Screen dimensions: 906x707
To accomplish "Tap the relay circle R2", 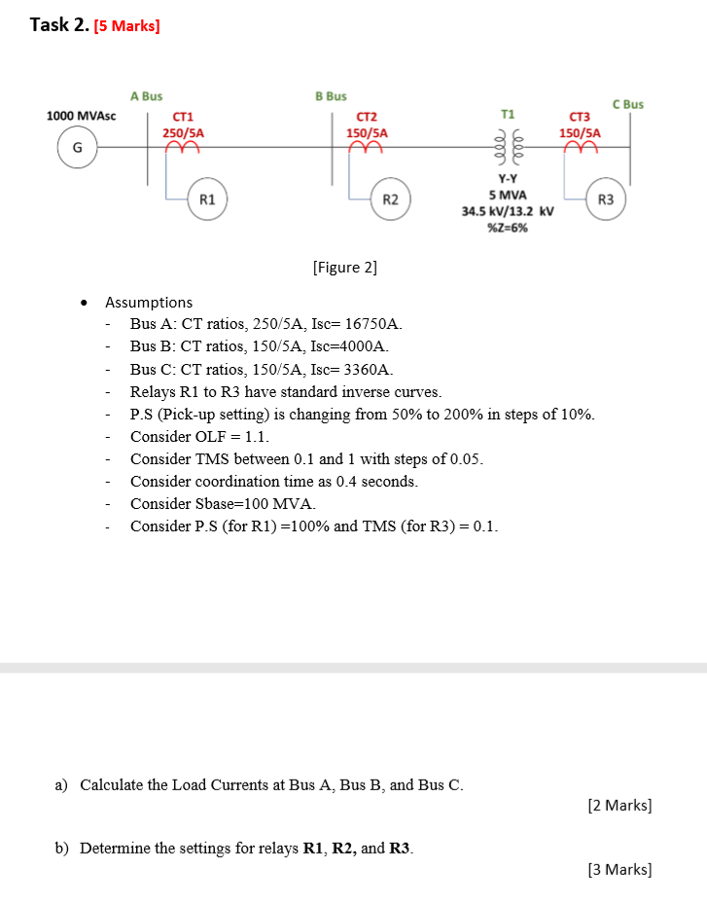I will (390, 199).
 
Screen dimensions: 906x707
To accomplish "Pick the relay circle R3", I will (606, 199).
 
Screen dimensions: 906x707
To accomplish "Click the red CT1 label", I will (183, 117).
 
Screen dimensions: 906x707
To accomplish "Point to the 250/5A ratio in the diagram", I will (183, 132).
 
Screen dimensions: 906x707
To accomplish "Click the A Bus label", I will (147, 96).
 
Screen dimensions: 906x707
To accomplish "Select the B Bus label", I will (331, 96).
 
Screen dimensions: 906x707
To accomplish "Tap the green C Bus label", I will (627, 104).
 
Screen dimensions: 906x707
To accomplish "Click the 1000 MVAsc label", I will (82, 116).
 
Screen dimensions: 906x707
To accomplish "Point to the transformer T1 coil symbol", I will (507, 148).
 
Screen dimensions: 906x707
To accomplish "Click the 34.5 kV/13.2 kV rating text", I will (508, 211).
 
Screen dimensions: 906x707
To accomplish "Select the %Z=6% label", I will (507, 228).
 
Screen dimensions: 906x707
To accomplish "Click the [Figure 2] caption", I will (344, 267).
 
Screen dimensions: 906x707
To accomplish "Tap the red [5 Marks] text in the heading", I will (126, 26).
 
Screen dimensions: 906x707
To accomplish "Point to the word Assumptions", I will (149, 303).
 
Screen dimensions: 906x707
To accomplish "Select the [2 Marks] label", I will (619, 806).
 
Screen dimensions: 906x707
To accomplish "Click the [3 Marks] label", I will (619, 869).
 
